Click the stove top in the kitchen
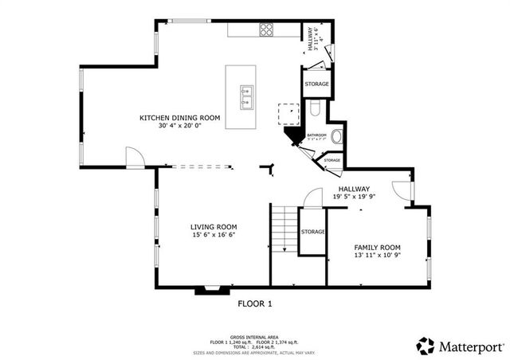click(266, 29)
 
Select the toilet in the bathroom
click(316, 109)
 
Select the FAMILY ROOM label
click(377, 247)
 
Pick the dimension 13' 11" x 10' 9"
click(377, 256)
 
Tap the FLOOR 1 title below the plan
click(255, 303)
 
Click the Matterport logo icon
click(426, 346)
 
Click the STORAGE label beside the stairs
click(312, 232)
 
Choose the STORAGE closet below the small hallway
click(316, 84)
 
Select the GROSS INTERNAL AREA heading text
click(255, 337)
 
